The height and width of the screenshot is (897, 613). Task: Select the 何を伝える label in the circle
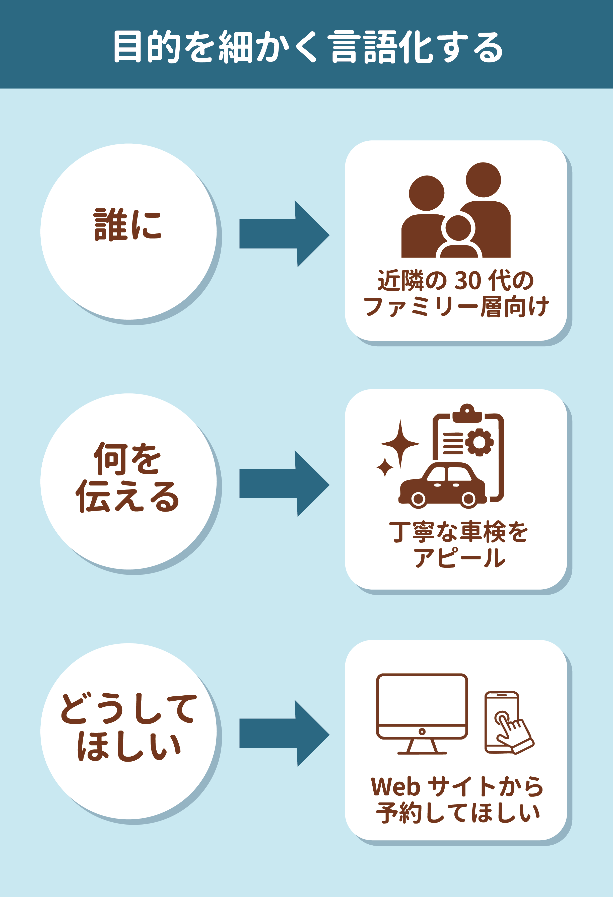point(127,477)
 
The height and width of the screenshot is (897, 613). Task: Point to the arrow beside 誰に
point(284,233)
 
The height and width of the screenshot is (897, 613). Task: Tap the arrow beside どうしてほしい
point(284,733)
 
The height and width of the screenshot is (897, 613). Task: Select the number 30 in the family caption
point(468,281)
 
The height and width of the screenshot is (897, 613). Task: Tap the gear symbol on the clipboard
point(479,442)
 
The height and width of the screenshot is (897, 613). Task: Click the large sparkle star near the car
point(400,444)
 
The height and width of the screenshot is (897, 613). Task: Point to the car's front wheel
point(418,499)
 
